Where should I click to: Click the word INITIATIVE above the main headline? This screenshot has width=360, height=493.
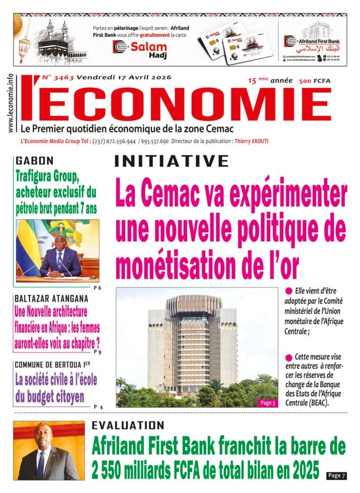pyautogui.click(x=171, y=161)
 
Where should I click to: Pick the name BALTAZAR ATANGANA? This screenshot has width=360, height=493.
pyautogui.click(x=52, y=298)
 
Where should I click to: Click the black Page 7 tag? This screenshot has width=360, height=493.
pyautogui.click(x=336, y=475)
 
